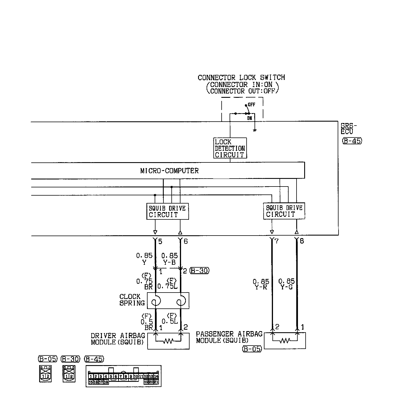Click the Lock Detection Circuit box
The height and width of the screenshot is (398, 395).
click(230, 148)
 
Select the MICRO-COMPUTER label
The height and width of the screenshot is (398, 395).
click(169, 171)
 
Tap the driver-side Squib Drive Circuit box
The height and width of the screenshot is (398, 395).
click(167, 211)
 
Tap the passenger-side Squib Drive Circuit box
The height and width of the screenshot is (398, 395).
click(284, 211)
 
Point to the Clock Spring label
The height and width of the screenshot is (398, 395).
click(132, 300)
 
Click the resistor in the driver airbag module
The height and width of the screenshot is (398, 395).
click(168, 341)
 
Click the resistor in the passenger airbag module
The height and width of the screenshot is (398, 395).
click(285, 340)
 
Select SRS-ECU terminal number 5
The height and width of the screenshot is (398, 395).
click(160, 242)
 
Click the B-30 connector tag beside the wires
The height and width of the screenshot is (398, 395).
click(199, 271)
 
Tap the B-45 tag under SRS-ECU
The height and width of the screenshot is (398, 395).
click(352, 141)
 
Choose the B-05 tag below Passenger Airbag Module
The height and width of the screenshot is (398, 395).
click(252, 349)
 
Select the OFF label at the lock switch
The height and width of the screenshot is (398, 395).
click(251, 105)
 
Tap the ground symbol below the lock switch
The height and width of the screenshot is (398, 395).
click(255, 130)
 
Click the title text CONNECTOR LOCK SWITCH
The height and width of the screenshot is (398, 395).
click(241, 77)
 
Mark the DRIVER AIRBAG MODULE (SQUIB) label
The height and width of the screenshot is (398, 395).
click(118, 339)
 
